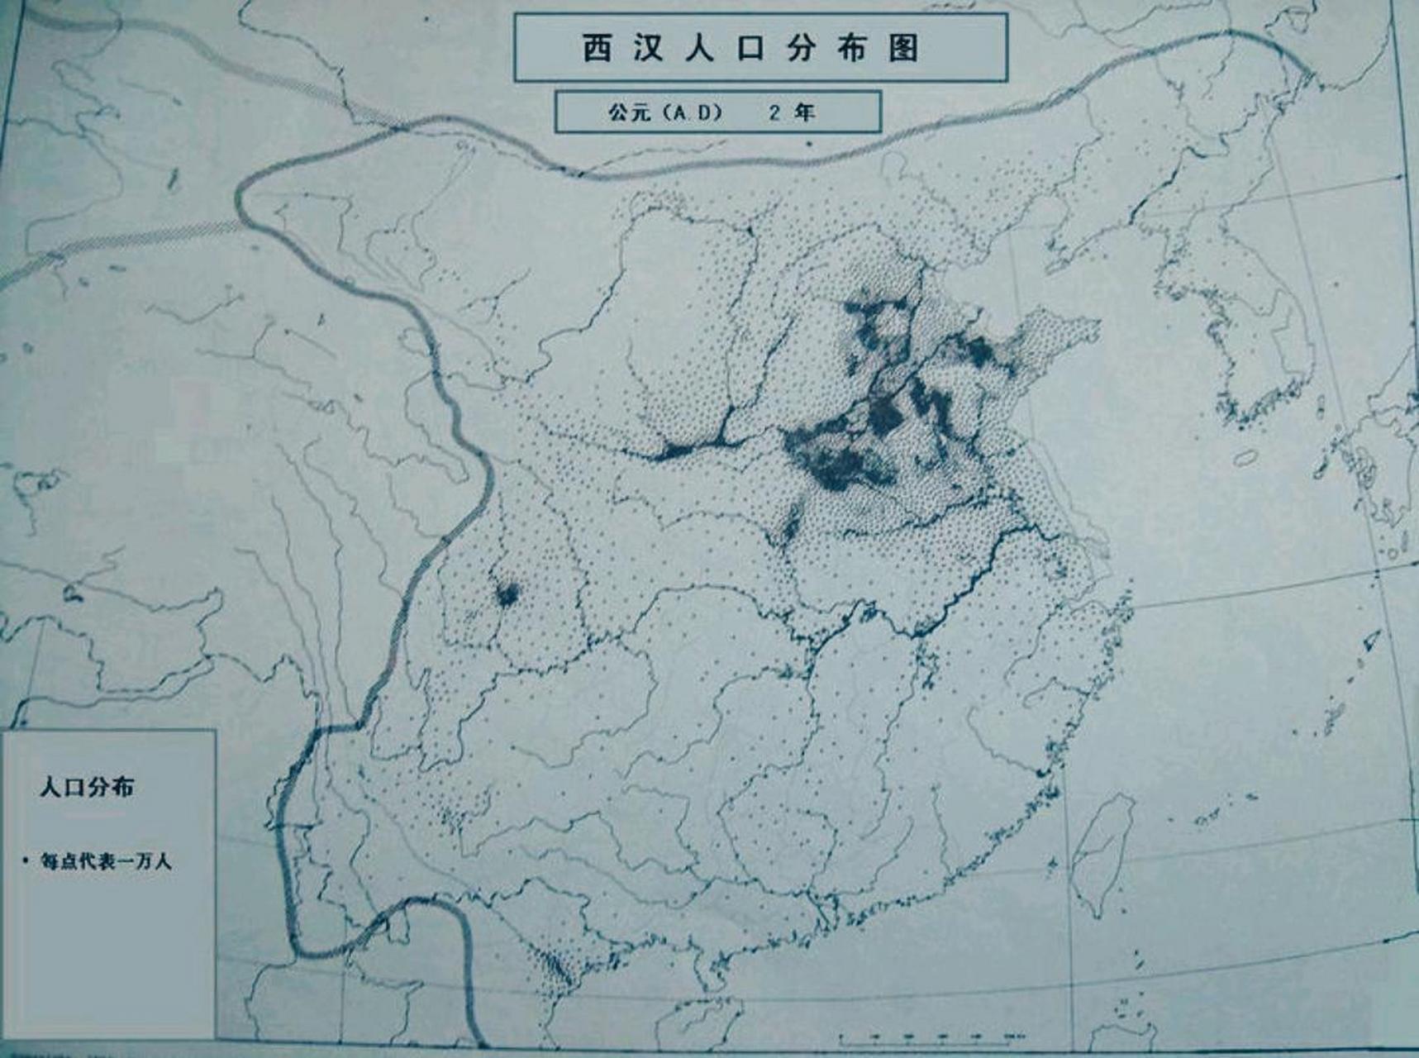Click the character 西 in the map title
click(598, 48)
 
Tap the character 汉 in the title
click(649, 48)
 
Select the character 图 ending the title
click(904, 48)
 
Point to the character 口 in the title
click(750, 48)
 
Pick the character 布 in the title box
click(852, 48)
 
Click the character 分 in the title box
click(801, 48)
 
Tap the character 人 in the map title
click(699, 48)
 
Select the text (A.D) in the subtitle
click(693, 112)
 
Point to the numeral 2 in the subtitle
click(774, 112)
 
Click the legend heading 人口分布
click(87, 787)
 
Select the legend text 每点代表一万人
click(107, 861)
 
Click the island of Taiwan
click(1102, 851)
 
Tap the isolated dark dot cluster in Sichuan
click(507, 593)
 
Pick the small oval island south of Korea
click(1245, 456)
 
